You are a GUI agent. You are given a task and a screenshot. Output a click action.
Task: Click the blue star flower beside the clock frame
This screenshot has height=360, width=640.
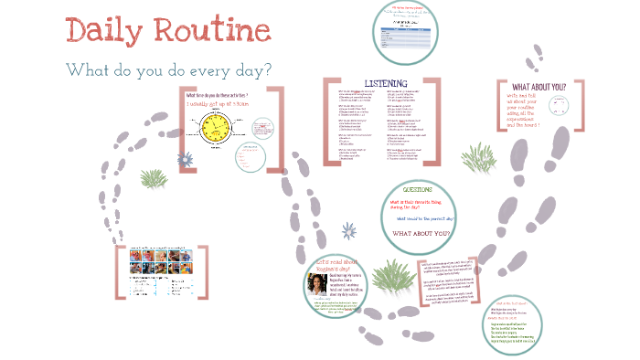(x=187, y=160)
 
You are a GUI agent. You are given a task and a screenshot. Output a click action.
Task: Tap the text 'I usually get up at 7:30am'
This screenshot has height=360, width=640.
(x=217, y=104)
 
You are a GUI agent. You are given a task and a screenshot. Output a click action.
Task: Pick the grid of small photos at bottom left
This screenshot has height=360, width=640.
(x=146, y=271)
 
